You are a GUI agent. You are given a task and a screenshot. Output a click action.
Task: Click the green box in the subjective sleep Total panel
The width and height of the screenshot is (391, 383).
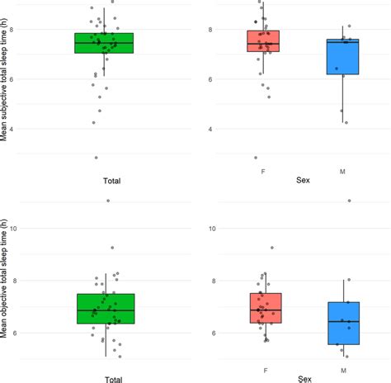(x=104, y=43)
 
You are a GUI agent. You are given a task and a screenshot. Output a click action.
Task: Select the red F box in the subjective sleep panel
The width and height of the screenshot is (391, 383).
(x=263, y=41)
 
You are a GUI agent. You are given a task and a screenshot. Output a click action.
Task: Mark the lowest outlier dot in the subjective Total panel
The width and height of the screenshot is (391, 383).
(x=97, y=158)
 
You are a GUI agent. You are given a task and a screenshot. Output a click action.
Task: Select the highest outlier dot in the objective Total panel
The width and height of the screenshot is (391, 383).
(x=107, y=201)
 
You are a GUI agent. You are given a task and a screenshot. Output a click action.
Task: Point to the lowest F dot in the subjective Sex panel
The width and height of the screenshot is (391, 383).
(x=255, y=158)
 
